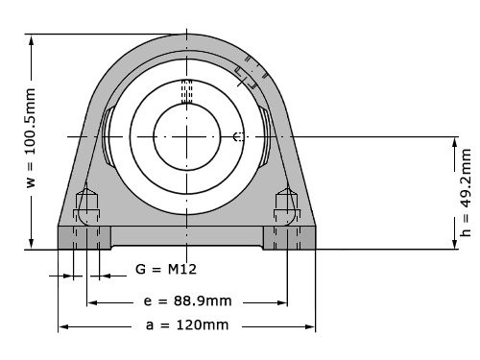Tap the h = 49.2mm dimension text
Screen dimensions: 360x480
tap(466, 192)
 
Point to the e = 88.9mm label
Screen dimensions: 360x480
tap(186, 300)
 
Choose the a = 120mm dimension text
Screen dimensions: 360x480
tap(188, 325)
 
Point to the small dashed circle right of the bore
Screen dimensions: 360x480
tap(238, 136)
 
